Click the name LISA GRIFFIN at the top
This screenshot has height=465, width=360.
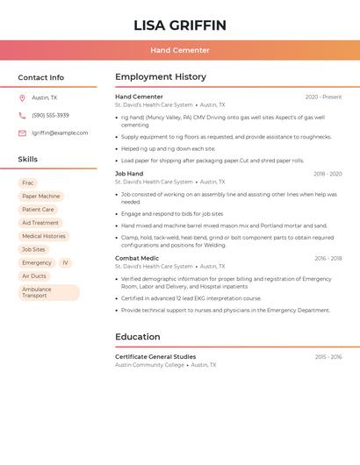(x=179, y=25)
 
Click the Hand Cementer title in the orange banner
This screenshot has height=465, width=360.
(x=179, y=51)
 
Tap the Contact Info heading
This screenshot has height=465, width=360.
(x=41, y=77)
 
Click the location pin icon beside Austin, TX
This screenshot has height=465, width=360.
(x=22, y=98)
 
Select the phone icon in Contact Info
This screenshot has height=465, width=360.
(x=22, y=116)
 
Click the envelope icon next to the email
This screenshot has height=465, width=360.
(x=22, y=133)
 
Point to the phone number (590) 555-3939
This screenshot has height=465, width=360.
(x=50, y=116)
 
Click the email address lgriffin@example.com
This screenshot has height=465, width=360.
(x=60, y=133)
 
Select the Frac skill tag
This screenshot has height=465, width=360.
(x=28, y=183)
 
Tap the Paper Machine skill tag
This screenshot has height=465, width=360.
(x=41, y=197)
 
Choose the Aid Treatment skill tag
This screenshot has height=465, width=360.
(x=40, y=223)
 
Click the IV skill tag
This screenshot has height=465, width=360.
(x=65, y=262)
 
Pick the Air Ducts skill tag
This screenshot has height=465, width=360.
(x=34, y=275)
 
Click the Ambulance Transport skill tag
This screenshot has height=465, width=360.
(x=48, y=292)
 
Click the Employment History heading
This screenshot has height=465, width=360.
(x=161, y=77)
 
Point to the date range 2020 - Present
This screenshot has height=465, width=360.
(x=323, y=97)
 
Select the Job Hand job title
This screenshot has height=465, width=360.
(x=129, y=174)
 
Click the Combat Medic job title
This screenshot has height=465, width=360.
(x=137, y=258)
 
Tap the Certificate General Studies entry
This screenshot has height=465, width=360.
(x=155, y=357)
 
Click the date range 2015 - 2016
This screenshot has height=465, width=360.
(x=328, y=357)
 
